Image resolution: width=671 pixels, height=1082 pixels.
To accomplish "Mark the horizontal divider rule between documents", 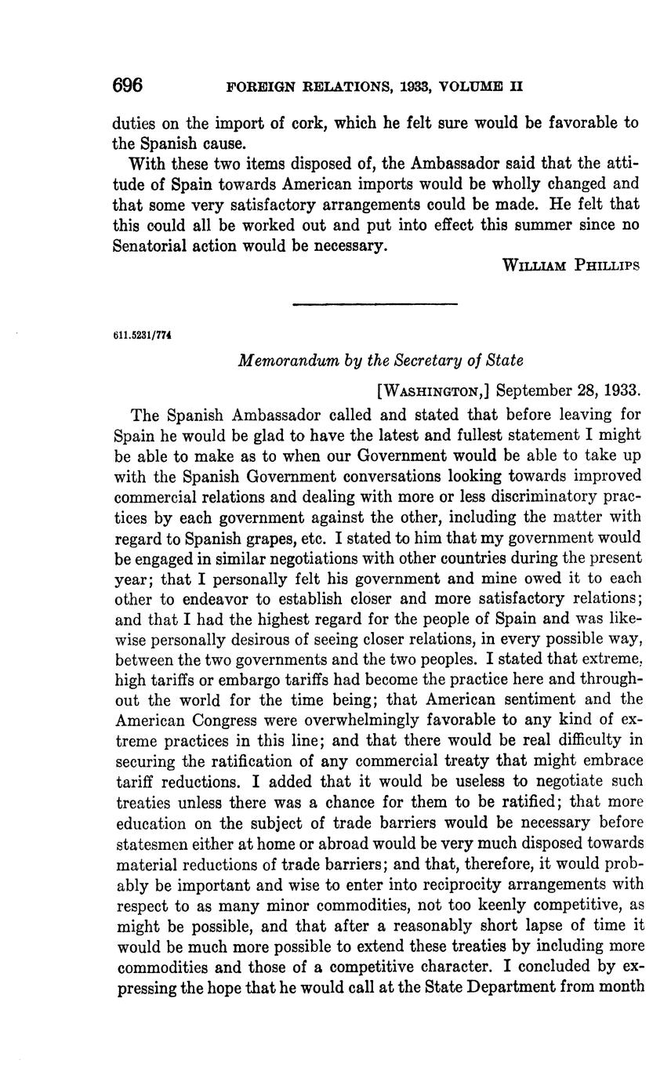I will (x=374, y=303).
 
